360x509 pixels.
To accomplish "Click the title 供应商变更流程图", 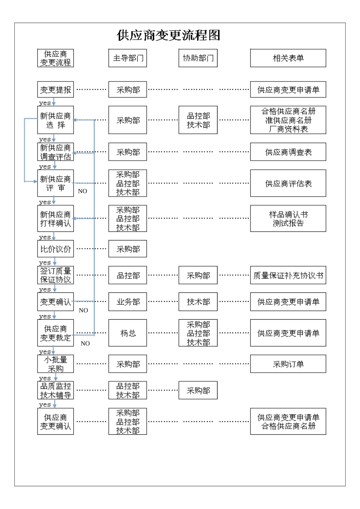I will pyautogui.click(x=168, y=35).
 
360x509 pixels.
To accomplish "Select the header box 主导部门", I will pyautogui.click(x=128, y=58).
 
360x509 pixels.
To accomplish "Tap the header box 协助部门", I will pyautogui.click(x=198, y=58).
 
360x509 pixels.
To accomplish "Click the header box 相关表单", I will pyautogui.click(x=288, y=58).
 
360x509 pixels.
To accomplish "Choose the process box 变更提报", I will pyautogui.click(x=55, y=90).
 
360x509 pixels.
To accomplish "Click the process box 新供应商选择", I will pyautogui.click(x=55, y=120).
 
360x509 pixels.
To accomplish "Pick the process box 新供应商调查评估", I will pyautogui.click(x=55, y=152).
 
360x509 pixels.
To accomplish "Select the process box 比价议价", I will pyautogui.click(x=55, y=249).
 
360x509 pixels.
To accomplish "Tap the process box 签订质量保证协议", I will pyautogui.click(x=55, y=275).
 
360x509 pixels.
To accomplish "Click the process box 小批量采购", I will pyautogui.click(x=55, y=364).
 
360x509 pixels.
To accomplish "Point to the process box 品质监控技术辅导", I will pyautogui.click(x=55, y=390).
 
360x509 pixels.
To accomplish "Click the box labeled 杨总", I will pyautogui.click(x=128, y=333).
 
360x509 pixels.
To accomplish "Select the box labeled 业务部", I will pyautogui.click(x=128, y=302).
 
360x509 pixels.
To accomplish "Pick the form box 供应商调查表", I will pyautogui.click(x=288, y=152).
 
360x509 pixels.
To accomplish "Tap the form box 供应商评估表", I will pyautogui.click(x=288, y=183).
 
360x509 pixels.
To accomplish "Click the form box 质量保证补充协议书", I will pyautogui.click(x=288, y=275).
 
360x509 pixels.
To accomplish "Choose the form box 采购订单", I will pyautogui.click(x=288, y=364).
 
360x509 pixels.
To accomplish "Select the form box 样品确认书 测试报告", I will pyautogui.click(x=288, y=219).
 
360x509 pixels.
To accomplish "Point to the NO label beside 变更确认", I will pyautogui.click(x=83, y=310).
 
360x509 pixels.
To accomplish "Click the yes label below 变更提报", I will pyautogui.click(x=45, y=103).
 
